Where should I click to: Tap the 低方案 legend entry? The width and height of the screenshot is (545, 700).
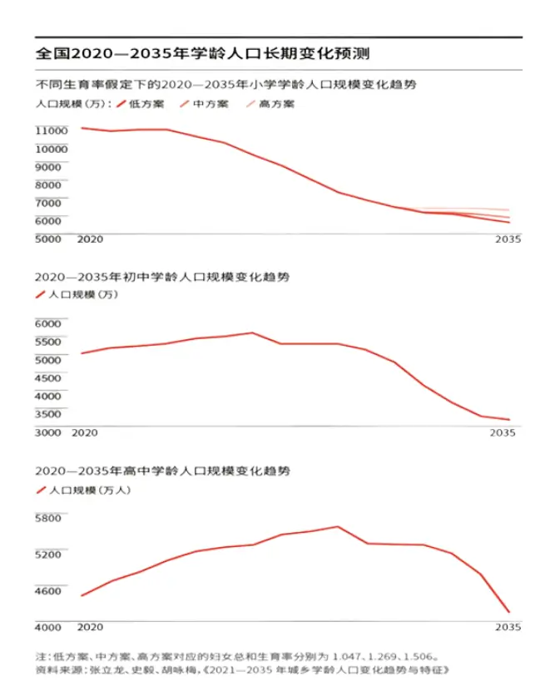click(x=146, y=105)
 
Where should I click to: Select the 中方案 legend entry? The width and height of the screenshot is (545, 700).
click(x=210, y=105)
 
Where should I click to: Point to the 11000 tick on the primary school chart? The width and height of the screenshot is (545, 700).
click(x=51, y=131)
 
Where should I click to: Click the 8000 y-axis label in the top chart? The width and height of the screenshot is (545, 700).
click(x=51, y=185)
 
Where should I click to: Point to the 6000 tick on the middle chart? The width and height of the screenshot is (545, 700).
click(x=49, y=323)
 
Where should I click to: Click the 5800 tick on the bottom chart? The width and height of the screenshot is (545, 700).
click(x=49, y=518)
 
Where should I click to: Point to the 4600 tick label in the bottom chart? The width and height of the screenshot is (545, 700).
click(x=49, y=591)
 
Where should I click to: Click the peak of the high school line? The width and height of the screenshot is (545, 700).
click(x=338, y=526)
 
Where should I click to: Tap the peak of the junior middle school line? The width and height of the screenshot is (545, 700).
click(x=252, y=333)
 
